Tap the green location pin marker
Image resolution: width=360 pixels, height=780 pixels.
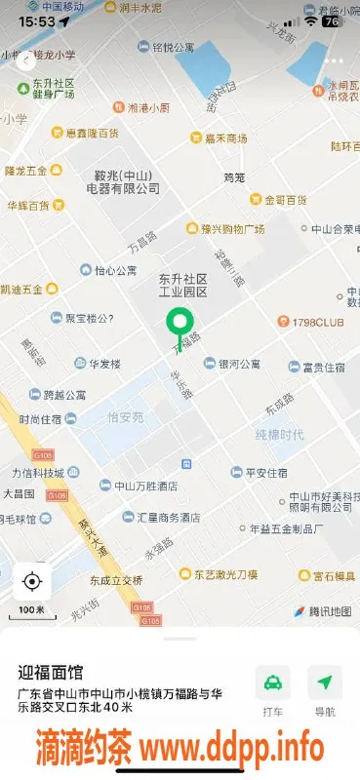[178, 323]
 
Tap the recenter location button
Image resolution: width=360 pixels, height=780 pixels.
[31, 582]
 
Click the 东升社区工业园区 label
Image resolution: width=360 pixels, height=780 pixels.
[183, 286]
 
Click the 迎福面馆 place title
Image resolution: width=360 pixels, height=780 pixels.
[51, 672]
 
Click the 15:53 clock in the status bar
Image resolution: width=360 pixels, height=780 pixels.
[36, 19]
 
